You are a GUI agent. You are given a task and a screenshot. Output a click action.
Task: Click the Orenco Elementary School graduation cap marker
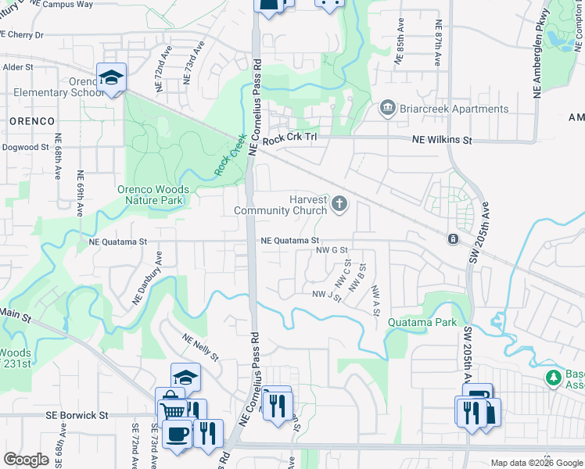112,78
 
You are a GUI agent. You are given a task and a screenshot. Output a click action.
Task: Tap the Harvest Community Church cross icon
339,204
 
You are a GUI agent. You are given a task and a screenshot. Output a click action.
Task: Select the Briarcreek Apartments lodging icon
386,109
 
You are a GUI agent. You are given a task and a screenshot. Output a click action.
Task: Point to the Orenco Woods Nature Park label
153,195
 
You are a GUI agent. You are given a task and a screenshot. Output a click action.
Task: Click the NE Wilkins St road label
443,141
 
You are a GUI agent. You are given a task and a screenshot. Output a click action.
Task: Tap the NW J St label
327,295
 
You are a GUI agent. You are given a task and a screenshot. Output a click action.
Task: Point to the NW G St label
331,250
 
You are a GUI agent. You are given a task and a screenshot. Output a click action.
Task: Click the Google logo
26,460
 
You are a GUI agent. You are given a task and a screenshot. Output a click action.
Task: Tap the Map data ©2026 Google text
537,463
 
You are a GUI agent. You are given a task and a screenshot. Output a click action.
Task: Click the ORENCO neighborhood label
32,121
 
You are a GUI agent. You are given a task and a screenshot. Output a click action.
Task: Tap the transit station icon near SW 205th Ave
452,238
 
